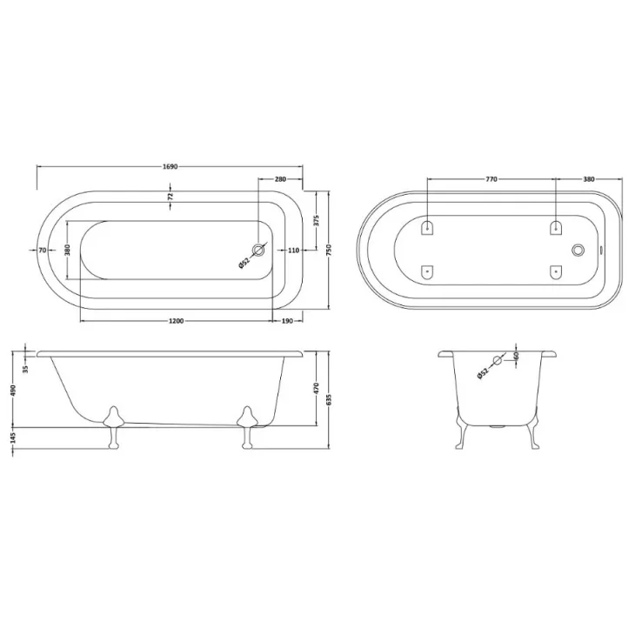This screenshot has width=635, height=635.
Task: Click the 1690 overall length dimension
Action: pyautogui.click(x=170, y=167)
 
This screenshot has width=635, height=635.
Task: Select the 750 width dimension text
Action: pyautogui.click(x=329, y=250)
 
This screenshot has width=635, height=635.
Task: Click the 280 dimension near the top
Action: pyautogui.click(x=280, y=179)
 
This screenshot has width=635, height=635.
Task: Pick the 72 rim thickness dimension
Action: pyautogui.click(x=170, y=197)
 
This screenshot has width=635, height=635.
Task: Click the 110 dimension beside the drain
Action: pyautogui.click(x=293, y=251)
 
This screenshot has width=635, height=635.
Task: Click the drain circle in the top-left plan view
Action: pyautogui.click(x=257, y=251)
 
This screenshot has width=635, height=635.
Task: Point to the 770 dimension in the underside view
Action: pyautogui.click(x=491, y=179)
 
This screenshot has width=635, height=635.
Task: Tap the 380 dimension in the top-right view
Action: pyautogui.click(x=589, y=179)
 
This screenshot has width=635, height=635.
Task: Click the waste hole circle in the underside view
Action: pyautogui.click(x=576, y=251)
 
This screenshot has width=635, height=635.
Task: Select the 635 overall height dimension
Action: pyautogui.click(x=329, y=398)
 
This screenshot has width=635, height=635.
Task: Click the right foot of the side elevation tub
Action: pyautogui.click(x=248, y=427)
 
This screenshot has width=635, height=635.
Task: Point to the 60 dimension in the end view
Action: pyautogui.click(x=516, y=356)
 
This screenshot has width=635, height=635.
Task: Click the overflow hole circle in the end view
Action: pyautogui.click(x=498, y=360)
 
